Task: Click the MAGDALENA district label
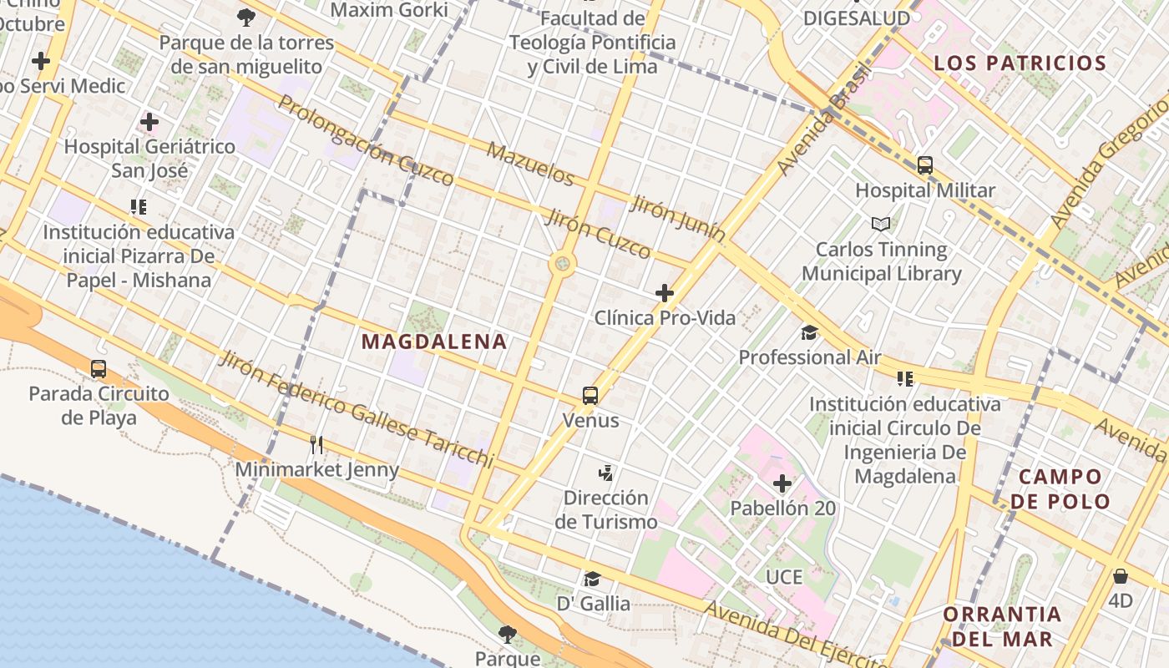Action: pos(434,342)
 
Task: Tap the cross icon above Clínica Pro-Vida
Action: pos(665,293)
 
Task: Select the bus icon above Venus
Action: pos(590,395)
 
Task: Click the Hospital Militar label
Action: pos(925,190)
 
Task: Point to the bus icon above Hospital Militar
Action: pos(925,164)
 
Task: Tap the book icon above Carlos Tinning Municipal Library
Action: pos(881,224)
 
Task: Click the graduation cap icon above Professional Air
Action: pos(809,332)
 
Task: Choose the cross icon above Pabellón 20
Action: pos(782,483)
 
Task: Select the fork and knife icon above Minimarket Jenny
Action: pos(316,444)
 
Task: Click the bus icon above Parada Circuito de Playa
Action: pos(99,368)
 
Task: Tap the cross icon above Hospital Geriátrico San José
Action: pos(149,122)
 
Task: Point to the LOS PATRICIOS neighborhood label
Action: pos(1020,63)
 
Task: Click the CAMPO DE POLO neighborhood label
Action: pos(1060,488)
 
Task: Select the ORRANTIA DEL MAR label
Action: pos(1002,626)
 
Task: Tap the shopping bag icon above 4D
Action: pos(1121,576)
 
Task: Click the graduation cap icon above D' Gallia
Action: pos(593,579)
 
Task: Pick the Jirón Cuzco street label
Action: pos(598,235)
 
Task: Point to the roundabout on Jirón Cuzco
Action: pos(563,265)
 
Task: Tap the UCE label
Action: pos(784,577)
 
